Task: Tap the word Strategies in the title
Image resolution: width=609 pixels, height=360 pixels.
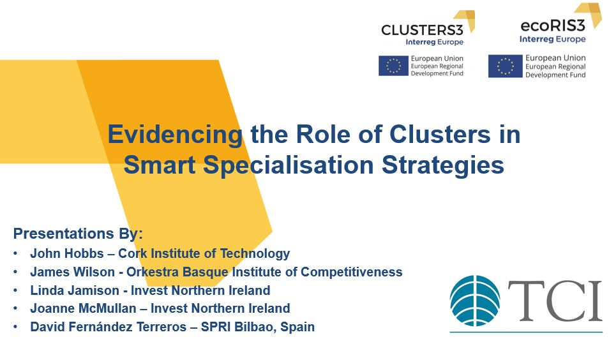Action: [x=443, y=166]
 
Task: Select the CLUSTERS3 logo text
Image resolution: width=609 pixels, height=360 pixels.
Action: [x=422, y=30]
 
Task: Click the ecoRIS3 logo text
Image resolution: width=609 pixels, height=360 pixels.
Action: [x=552, y=26]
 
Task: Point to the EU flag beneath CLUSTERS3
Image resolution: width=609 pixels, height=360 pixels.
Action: [x=393, y=66]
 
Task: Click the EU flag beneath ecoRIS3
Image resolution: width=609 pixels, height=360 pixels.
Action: [x=506, y=66]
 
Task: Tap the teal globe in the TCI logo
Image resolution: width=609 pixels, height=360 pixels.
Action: [x=475, y=301]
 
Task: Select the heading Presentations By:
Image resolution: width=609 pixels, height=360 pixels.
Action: [x=78, y=234]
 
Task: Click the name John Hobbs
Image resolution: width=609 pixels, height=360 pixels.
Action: [x=67, y=253]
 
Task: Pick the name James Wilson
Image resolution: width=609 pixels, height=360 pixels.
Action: [x=73, y=272]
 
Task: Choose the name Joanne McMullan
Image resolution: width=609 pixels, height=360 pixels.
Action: [x=83, y=308]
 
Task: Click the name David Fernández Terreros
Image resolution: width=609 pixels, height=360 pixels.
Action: [x=109, y=327]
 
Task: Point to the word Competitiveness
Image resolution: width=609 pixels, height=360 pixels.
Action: [x=352, y=272]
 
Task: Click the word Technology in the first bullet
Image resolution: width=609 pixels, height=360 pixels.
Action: [x=255, y=253]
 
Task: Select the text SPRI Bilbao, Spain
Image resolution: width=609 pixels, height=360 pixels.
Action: [x=257, y=327]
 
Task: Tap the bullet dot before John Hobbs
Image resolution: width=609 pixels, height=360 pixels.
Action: [x=15, y=253]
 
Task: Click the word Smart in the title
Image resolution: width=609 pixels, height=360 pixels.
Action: [x=160, y=165]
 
